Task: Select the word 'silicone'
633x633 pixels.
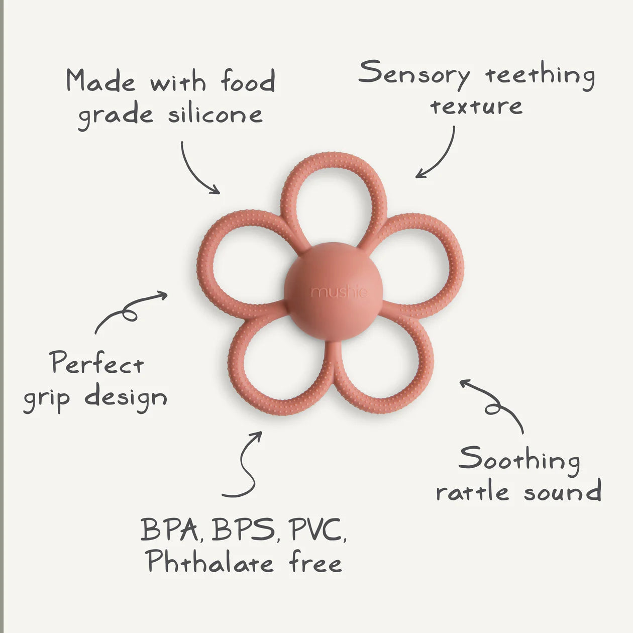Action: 215,115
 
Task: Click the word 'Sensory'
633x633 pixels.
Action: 414,74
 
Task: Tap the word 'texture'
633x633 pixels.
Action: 476,107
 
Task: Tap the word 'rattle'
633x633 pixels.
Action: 473,492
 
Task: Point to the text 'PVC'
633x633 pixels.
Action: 318,530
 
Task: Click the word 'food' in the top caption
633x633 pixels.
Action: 248,81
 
